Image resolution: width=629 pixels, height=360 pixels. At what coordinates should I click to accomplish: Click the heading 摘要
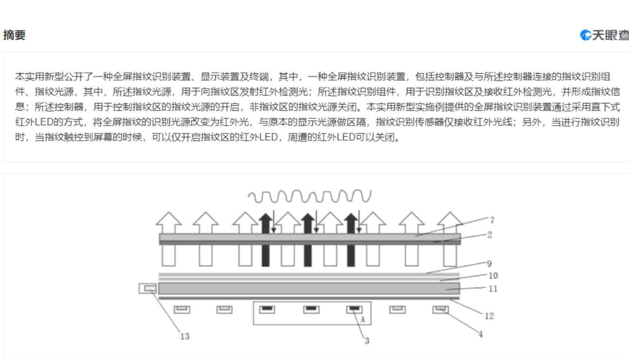click(x=15, y=35)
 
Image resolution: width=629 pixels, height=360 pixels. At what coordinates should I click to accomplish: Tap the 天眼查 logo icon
click(x=585, y=35)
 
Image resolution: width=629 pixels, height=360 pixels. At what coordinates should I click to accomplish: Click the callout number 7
click(x=492, y=220)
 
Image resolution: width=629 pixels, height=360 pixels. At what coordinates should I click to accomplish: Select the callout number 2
click(x=490, y=235)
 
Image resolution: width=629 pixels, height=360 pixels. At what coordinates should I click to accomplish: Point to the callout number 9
click(x=489, y=263)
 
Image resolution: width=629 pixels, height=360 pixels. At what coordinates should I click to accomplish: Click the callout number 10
click(x=493, y=276)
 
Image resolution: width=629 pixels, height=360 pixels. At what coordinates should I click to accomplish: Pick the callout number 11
click(x=493, y=289)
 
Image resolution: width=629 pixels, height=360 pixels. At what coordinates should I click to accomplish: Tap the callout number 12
click(x=489, y=316)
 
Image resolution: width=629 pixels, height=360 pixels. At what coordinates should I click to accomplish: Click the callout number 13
click(x=185, y=336)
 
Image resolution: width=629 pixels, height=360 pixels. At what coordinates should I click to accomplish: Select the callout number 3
click(x=367, y=341)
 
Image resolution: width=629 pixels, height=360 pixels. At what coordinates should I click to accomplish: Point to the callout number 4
click(x=481, y=334)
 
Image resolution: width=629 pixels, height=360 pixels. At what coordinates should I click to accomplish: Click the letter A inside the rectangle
click(x=363, y=320)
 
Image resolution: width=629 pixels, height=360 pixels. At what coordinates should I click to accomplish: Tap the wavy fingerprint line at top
click(x=309, y=196)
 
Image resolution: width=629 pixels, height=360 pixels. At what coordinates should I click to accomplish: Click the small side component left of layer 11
click(x=148, y=289)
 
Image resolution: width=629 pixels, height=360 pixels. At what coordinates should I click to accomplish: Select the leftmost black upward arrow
click(x=266, y=240)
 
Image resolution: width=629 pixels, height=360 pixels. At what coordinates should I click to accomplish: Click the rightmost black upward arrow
click(x=351, y=240)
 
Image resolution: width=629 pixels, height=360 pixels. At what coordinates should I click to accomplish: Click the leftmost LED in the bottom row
click(x=182, y=310)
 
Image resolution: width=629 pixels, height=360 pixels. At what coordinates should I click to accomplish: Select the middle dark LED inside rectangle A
click(x=311, y=310)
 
